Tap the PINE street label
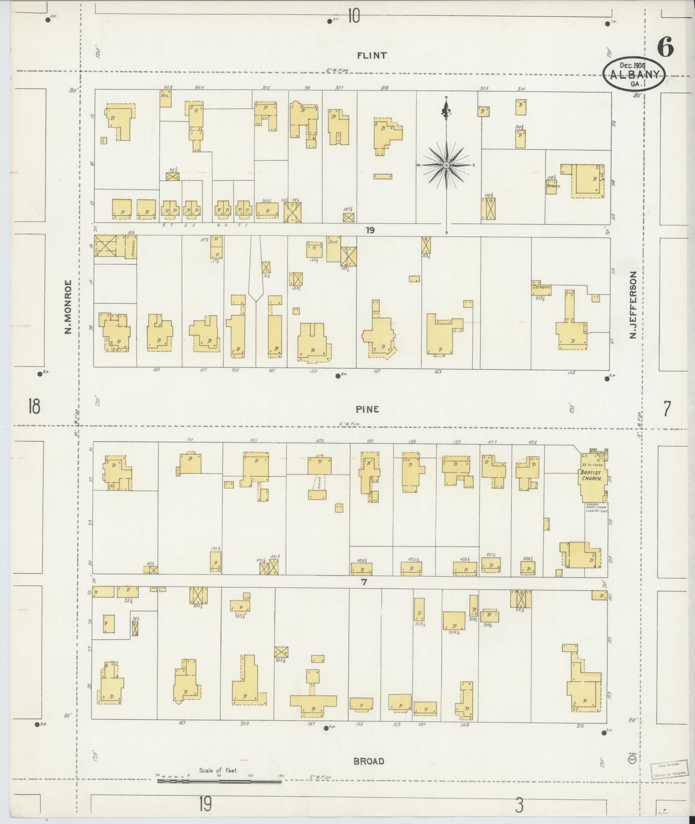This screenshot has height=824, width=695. coord(368,409)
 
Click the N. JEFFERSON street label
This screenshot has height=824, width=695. coord(633,305)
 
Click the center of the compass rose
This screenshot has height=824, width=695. coord(446,165)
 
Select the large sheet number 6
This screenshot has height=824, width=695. coord(665,47)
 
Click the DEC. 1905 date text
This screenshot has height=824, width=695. coord(635,65)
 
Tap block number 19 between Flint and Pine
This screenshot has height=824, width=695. coord(370,230)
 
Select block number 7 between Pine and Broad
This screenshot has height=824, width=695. coord(364,582)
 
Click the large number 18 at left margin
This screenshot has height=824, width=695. coord(34,406)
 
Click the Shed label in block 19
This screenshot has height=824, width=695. coord(333,242)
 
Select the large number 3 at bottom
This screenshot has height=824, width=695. coord(519,805)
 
